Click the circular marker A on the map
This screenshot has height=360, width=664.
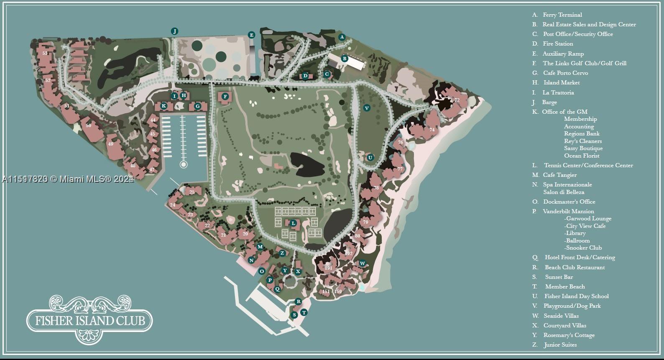click(342, 37)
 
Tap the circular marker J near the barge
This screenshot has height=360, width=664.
click(175, 31)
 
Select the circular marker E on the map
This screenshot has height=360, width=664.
click(251, 35)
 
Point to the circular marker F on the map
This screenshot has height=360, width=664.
click(225, 97)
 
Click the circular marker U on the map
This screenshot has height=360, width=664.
click(370, 158)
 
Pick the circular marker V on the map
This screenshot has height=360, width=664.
click(367, 108)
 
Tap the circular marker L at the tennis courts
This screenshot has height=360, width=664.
click(294, 223)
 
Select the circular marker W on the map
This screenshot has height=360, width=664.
click(363, 263)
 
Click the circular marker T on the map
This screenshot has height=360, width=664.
click(304, 312)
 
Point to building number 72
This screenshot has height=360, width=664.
click(457, 100)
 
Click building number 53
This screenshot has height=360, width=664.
click(45, 54)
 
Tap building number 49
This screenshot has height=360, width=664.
click(111, 144)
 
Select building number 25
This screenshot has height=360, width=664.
click(192, 192)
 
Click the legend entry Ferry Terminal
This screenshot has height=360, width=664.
click(562, 15)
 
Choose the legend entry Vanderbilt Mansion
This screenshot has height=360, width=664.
click(568, 212)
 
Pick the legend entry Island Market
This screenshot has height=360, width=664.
click(561, 83)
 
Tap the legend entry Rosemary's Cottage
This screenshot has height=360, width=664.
click(569, 335)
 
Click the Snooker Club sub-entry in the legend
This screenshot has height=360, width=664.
click(584, 248)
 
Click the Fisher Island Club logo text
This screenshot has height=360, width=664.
click(90, 321)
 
